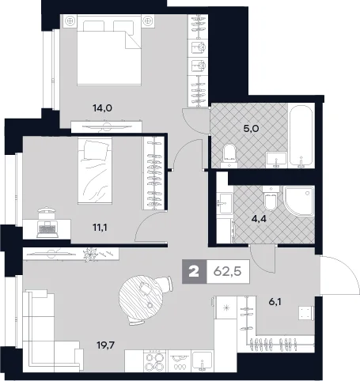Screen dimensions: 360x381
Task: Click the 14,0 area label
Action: pos(103,108)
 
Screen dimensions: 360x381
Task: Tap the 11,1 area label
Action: pos(100,228)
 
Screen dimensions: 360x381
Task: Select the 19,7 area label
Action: pos(105,345)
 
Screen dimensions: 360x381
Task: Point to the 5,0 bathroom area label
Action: pos(250,129)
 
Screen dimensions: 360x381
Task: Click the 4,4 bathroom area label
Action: pos(257,218)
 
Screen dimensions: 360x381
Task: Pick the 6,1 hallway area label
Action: pos(275,301)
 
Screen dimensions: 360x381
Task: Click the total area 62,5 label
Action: pos(227,271)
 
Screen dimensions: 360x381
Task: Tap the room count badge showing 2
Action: pos(195,271)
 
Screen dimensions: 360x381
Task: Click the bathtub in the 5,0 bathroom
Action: pos(301,136)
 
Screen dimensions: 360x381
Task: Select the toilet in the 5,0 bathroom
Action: pos(229,156)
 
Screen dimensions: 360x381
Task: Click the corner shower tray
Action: pos(299,202)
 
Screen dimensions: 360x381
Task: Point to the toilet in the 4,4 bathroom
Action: pos(271,198)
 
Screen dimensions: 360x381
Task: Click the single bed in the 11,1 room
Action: pos(95,171)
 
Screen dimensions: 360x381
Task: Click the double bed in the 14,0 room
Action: pos(109,50)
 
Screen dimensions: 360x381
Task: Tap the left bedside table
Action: pos(70,21)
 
